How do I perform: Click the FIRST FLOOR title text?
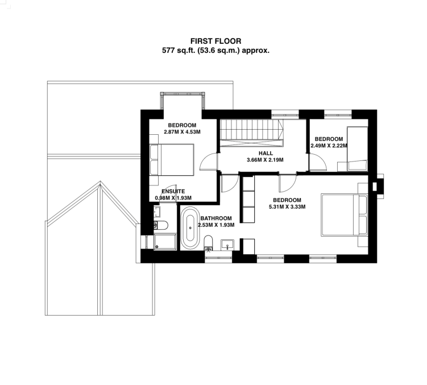215,41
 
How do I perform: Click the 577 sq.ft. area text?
215,50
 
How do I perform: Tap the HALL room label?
266,154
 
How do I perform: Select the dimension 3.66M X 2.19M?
266,160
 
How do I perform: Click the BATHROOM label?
216,218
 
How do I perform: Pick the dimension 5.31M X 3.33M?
287,206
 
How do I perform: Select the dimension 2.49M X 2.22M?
329,146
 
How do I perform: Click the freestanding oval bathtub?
190,229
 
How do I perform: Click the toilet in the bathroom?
208,241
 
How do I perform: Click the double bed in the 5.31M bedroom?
343,214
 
